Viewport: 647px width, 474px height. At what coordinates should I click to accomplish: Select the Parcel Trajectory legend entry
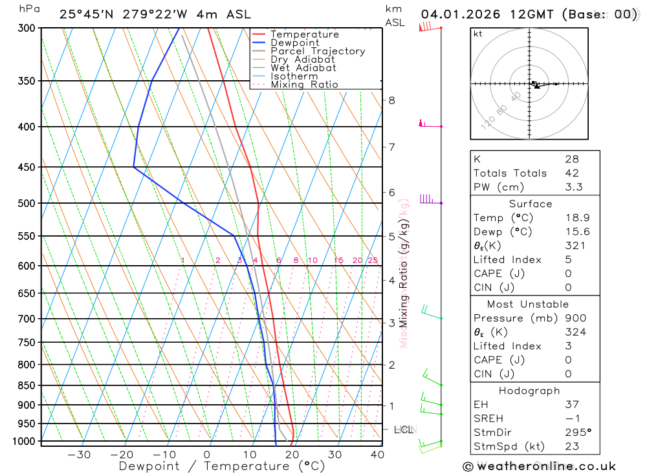pyautogui.click(x=318, y=51)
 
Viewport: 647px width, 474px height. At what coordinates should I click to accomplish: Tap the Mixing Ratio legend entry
pyautogui.click(x=304, y=85)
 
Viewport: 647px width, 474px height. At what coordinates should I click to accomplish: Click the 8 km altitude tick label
pyautogui.click(x=391, y=100)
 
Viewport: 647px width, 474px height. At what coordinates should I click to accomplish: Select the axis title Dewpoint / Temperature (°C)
pyautogui.click(x=222, y=466)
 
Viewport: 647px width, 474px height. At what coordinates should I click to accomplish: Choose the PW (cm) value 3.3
pyautogui.click(x=573, y=187)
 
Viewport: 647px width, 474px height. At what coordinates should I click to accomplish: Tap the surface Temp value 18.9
pyautogui.click(x=576, y=218)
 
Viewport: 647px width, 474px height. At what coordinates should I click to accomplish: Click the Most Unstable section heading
pyautogui.click(x=529, y=304)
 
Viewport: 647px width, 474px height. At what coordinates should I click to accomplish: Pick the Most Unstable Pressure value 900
pyautogui.click(x=575, y=318)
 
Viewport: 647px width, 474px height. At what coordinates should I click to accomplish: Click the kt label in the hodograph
pyautogui.click(x=478, y=34)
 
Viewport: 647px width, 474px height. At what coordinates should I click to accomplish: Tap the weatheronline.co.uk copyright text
pyautogui.click(x=539, y=466)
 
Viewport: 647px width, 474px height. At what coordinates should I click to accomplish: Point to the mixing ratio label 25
pyautogui.click(x=373, y=261)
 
